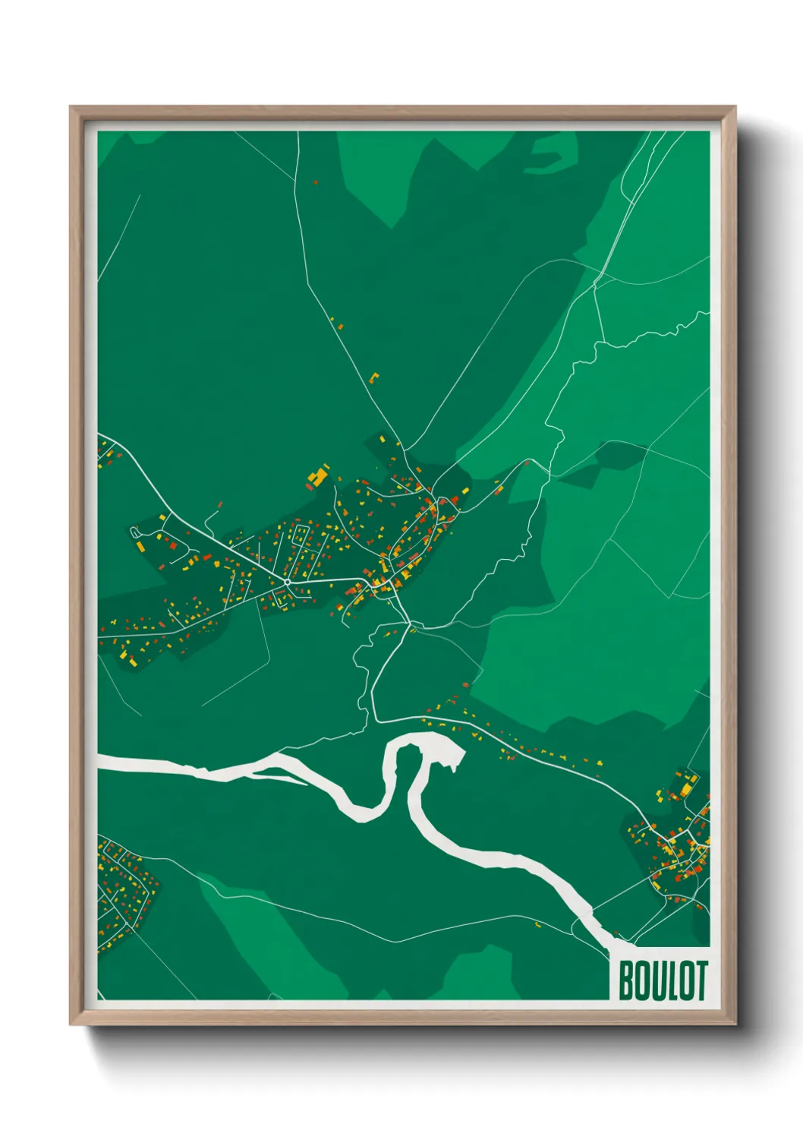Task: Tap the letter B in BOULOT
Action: tap(628, 980)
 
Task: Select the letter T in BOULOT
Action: tap(701, 980)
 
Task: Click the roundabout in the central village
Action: tap(287, 582)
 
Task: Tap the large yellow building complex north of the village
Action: tap(317, 477)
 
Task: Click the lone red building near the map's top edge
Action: tap(316, 182)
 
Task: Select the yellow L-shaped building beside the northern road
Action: tap(373, 377)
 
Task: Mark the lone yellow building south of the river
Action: tap(537, 924)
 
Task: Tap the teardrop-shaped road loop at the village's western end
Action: tap(136, 533)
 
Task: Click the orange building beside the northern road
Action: tap(339, 327)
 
